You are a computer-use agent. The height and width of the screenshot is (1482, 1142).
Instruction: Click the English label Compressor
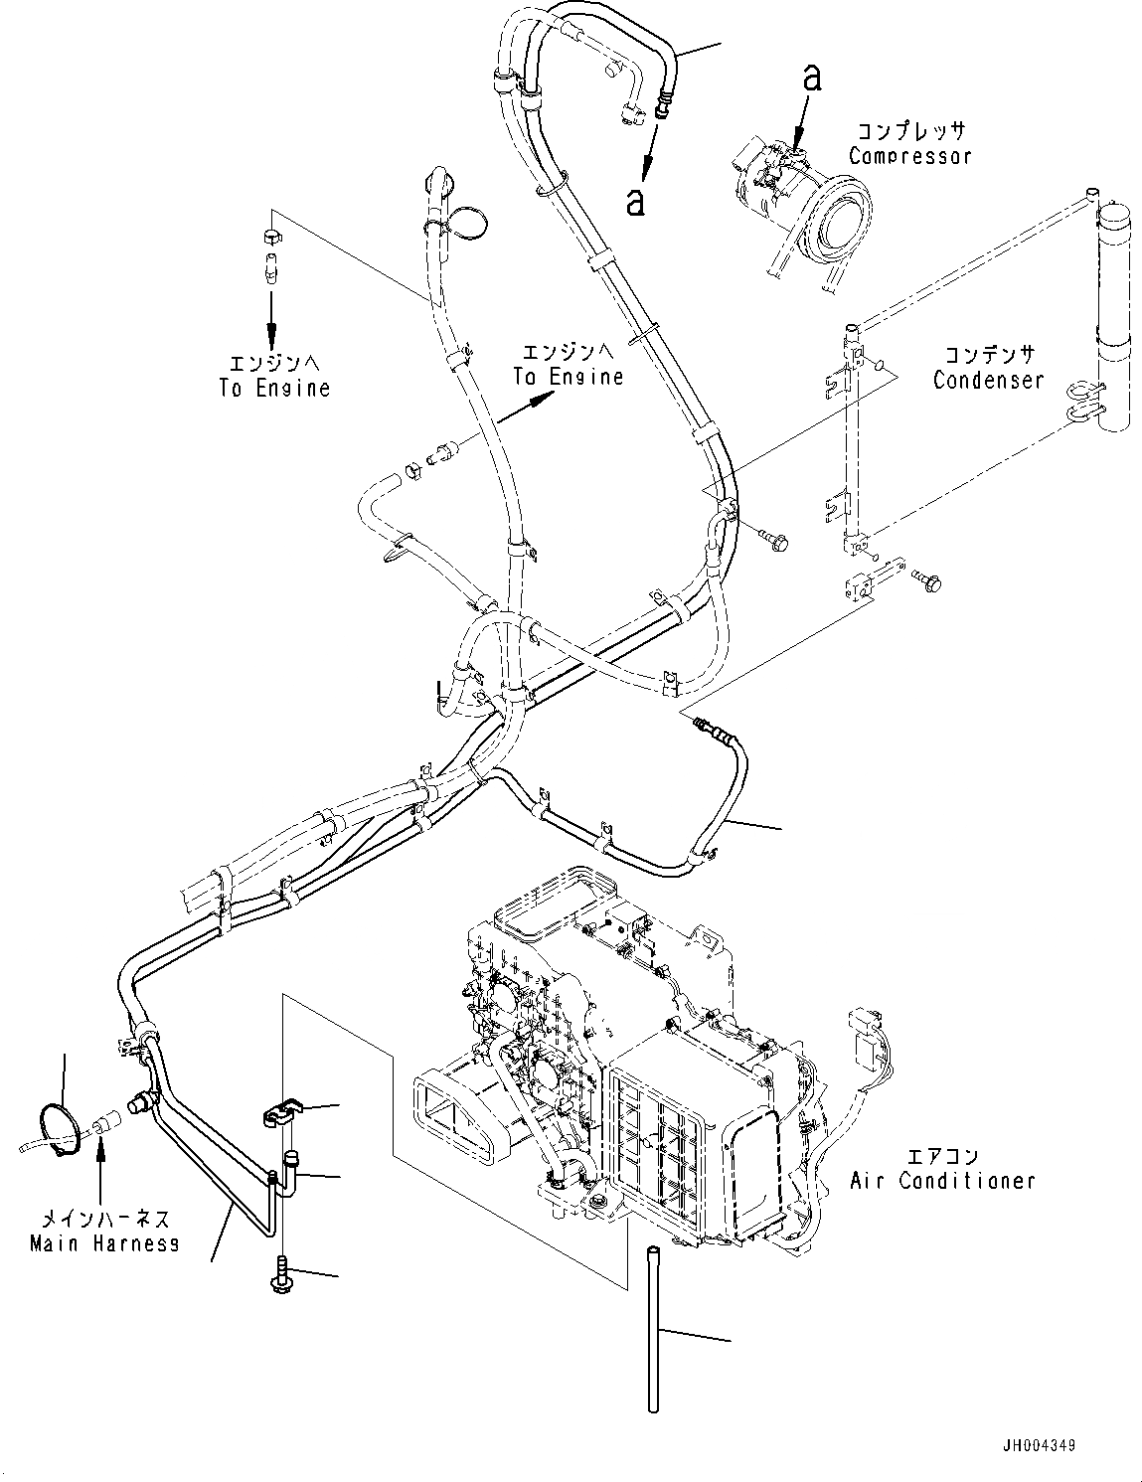tap(909, 156)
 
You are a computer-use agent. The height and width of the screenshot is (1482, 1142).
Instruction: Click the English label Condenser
tap(988, 380)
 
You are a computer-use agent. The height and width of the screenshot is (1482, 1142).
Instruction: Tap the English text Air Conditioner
tap(942, 1181)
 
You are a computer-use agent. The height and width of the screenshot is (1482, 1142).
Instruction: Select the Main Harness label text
tap(104, 1242)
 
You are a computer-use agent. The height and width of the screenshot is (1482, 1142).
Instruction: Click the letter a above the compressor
tap(812, 79)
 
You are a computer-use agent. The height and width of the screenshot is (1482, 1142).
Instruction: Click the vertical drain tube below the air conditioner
tap(654, 1327)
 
